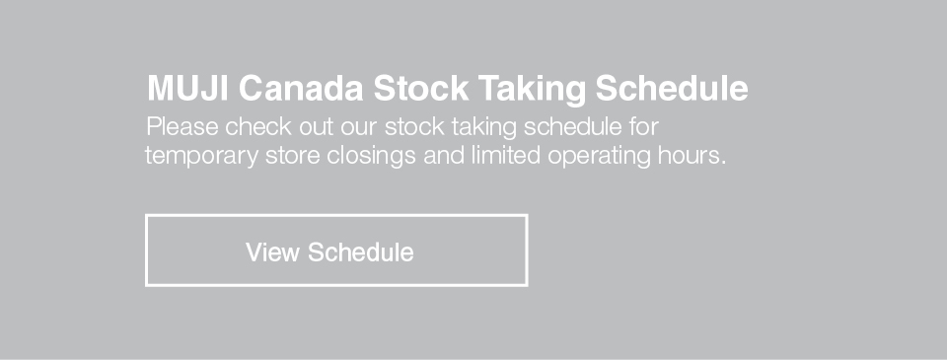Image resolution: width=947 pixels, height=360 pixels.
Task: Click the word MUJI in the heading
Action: tap(187, 88)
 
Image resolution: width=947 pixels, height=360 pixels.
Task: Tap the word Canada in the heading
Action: tap(301, 88)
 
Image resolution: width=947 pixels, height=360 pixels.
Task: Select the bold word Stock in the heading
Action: tap(421, 88)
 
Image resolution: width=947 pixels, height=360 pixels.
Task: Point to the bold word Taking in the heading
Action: tap(532, 90)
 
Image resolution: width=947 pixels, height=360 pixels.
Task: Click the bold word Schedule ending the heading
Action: tap(672, 88)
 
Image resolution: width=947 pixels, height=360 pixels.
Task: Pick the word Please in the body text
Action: tap(182, 127)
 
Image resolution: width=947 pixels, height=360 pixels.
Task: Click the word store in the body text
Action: tap(292, 157)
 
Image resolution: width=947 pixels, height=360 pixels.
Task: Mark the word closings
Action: tap(372, 157)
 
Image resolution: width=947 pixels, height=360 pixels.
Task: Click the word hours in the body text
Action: tap(688, 155)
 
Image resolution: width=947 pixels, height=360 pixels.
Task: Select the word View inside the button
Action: tap(272, 252)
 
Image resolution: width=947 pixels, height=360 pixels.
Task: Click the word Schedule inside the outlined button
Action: tap(361, 252)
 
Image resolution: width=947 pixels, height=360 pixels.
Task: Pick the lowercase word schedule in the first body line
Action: tap(573, 127)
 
